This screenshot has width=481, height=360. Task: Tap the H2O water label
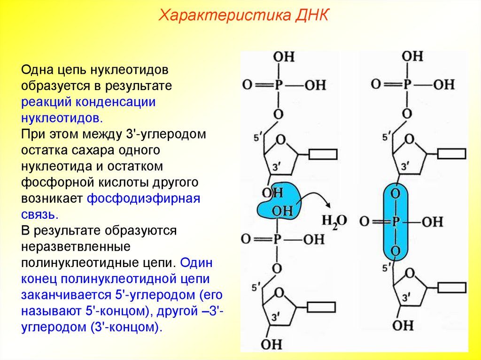point(334,221)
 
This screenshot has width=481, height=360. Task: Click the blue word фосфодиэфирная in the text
point(144,198)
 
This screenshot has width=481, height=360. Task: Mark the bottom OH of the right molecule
point(403,325)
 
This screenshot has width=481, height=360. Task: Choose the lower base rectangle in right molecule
point(452,286)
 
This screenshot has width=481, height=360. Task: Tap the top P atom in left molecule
point(278,85)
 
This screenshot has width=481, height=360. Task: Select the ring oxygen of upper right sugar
point(410,139)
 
